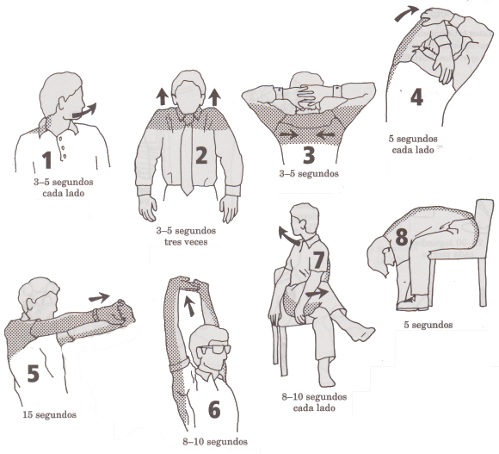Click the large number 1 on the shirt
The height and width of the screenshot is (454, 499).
tap(47, 160)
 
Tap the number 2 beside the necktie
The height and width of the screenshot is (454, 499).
tap(201, 156)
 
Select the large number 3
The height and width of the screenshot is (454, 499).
tap(309, 156)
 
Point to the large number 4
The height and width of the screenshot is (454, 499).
tap(416, 96)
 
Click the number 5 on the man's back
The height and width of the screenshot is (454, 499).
tap(33, 373)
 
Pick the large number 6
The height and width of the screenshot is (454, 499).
tap(214, 409)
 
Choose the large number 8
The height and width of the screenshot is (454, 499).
tap(401, 238)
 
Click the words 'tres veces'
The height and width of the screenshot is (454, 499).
tap(186, 242)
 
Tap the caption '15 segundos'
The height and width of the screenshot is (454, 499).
tap(49, 415)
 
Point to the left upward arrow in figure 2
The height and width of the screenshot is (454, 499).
tap(163, 96)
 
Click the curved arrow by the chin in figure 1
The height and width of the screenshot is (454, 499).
tap(84, 111)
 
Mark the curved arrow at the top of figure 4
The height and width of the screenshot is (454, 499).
tap(406, 13)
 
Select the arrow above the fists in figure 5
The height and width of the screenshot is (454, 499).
tap(99, 297)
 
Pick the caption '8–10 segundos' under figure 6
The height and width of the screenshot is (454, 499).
tap(215, 442)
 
